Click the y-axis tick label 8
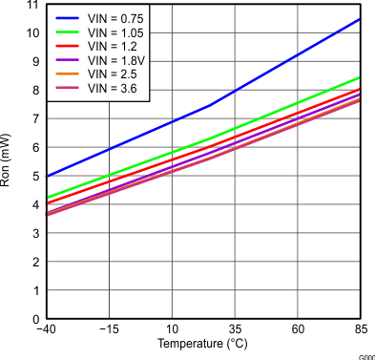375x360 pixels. click(x=34, y=91)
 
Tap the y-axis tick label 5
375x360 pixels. click(x=34, y=177)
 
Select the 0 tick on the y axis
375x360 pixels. click(x=34, y=320)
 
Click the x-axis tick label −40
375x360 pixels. click(x=46, y=330)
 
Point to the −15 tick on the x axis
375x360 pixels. click(x=109, y=330)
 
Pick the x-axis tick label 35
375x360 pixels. click(x=235, y=330)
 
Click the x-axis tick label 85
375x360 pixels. click(x=360, y=330)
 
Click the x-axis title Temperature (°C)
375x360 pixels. click(x=202, y=344)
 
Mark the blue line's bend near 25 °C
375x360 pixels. click(x=210, y=105)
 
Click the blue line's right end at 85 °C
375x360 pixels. click(x=360, y=19)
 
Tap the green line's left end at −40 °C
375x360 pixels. click(x=47, y=199)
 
